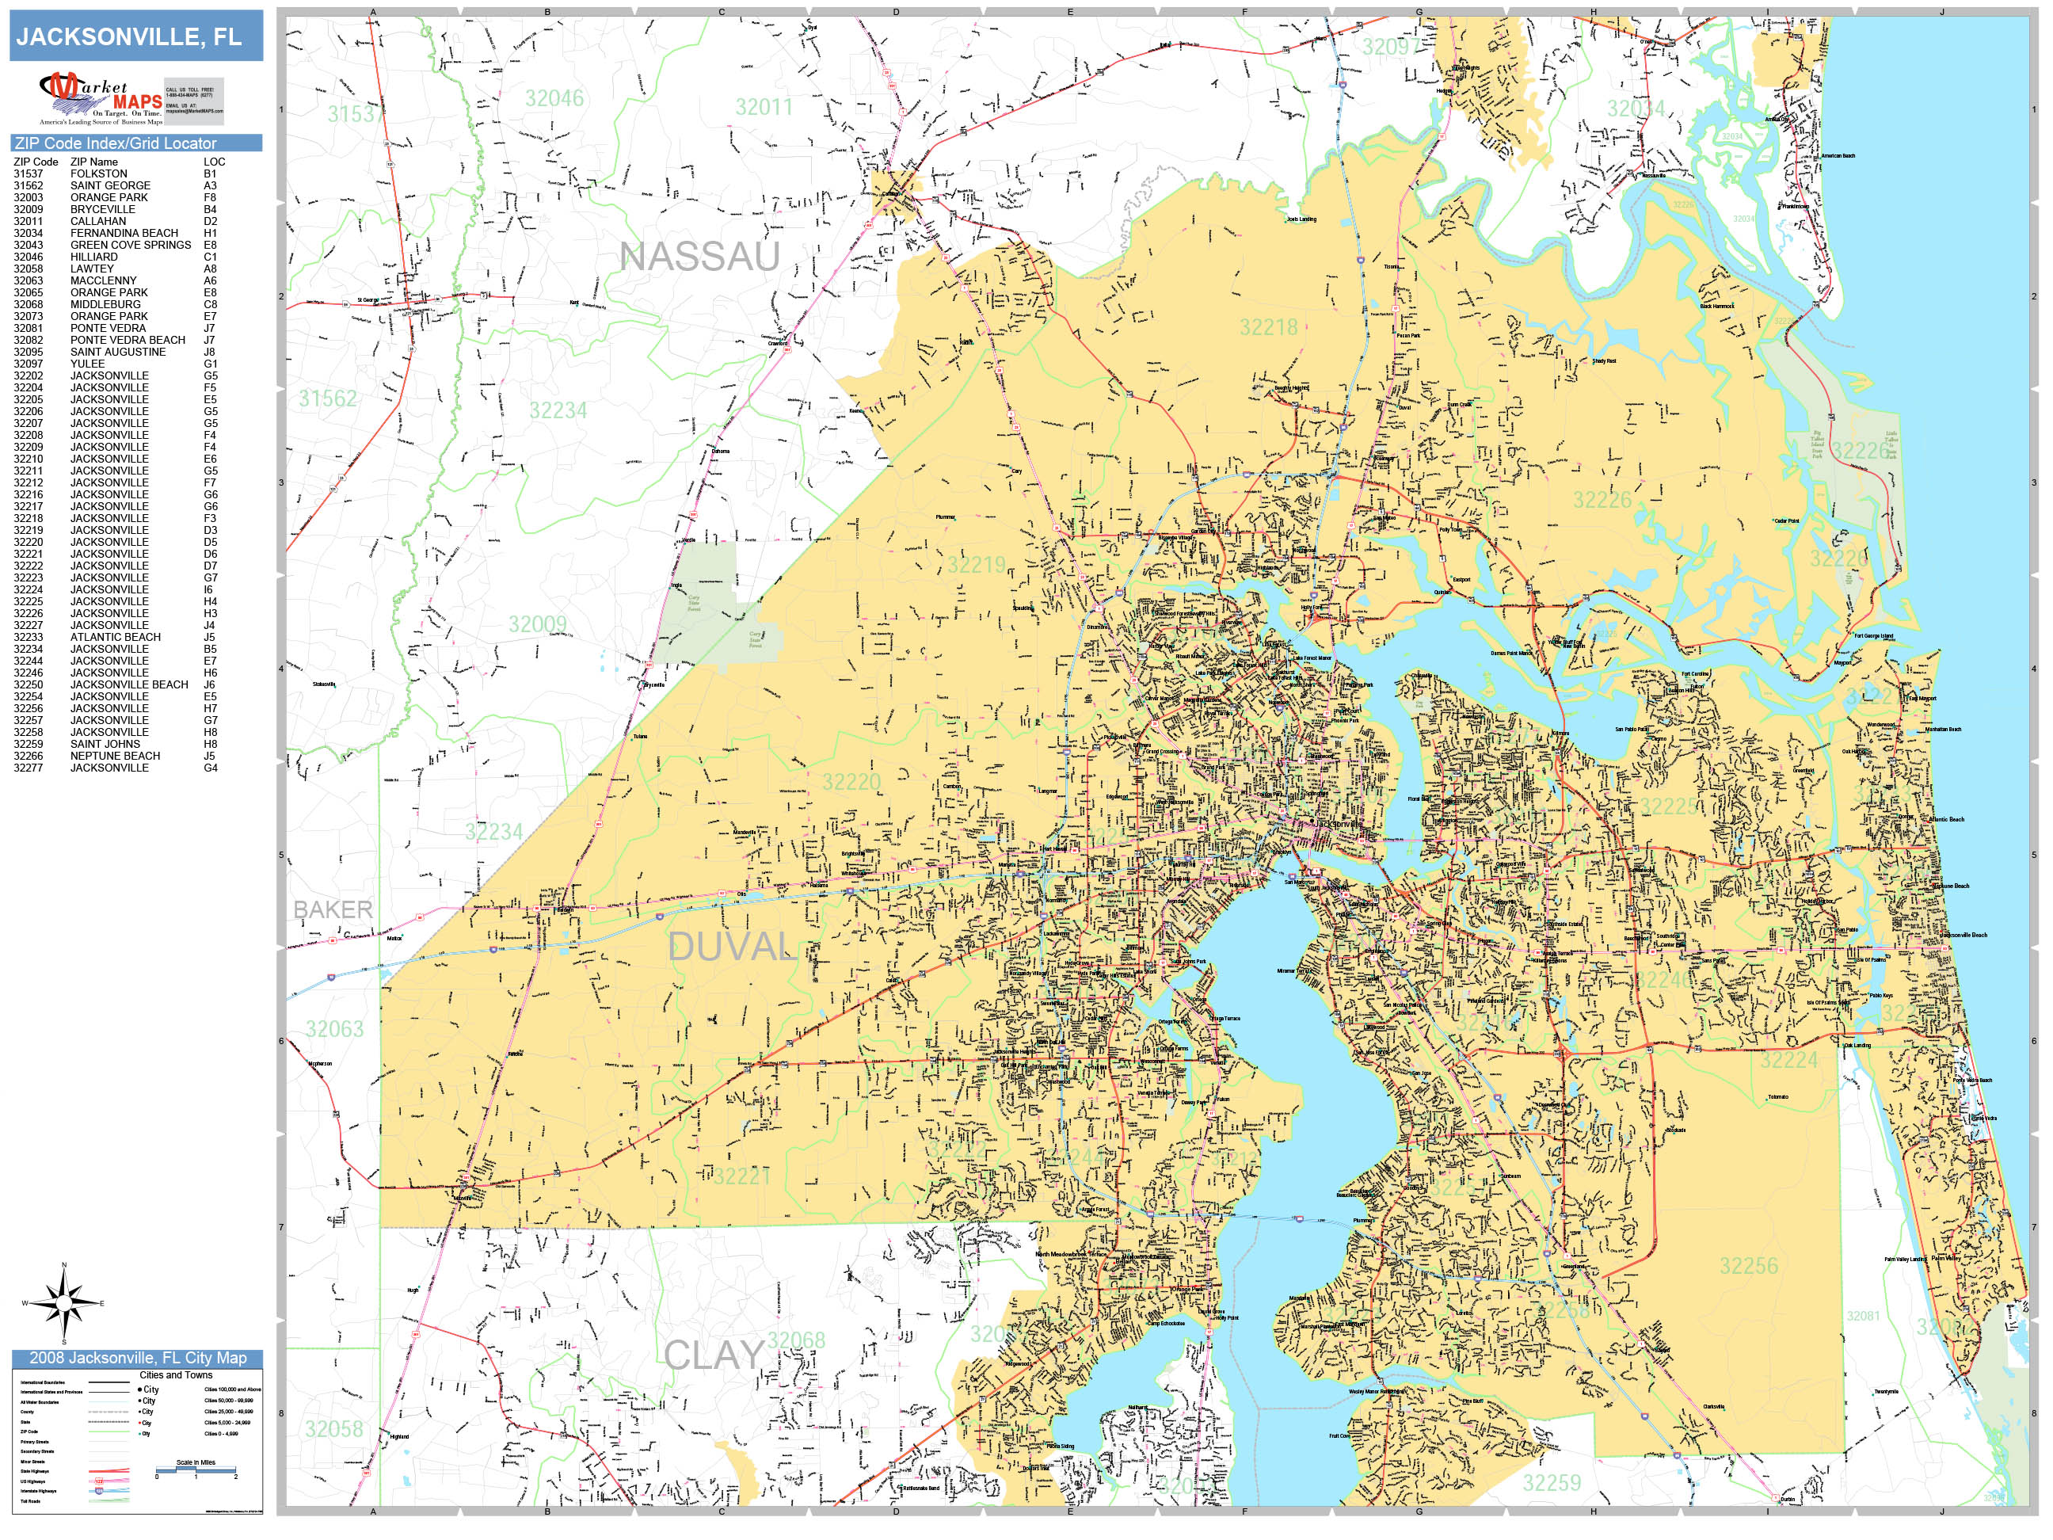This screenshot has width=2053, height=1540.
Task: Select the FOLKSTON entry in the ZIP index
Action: [x=99, y=173]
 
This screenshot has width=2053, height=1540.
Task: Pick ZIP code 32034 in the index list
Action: [x=28, y=233]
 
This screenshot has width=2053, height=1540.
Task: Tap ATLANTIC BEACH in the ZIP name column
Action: [x=115, y=637]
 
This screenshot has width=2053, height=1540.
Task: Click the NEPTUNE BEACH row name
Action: [x=115, y=756]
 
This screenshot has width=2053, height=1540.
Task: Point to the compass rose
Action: [x=64, y=1303]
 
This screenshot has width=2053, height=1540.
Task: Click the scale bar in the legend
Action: [x=196, y=1469]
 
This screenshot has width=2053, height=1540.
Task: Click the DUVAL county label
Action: [x=731, y=947]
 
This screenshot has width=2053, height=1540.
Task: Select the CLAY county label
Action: [x=714, y=1356]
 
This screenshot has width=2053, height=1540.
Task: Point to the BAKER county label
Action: [x=333, y=909]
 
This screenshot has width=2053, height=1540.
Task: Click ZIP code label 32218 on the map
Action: [x=1268, y=326]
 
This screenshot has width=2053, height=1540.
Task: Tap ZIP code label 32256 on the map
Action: [x=1749, y=1266]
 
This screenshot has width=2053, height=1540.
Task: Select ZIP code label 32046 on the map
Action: [x=554, y=98]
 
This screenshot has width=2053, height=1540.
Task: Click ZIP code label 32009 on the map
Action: [x=537, y=623]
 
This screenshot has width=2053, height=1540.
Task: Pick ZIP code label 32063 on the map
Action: [x=334, y=1028]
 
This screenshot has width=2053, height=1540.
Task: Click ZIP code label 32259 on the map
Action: [x=1551, y=1482]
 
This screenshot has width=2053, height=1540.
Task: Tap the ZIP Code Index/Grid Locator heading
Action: [x=115, y=143]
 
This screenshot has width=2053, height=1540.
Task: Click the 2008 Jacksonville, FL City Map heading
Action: [x=137, y=1357]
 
